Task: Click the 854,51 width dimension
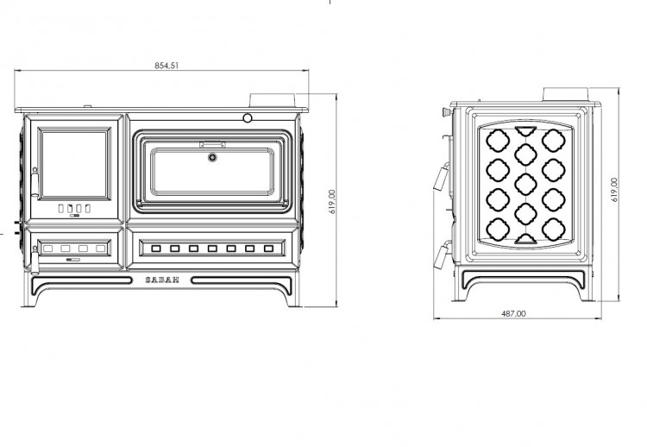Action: tap(166, 66)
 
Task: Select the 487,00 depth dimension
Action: tap(513, 314)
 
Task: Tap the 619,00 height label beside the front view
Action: tap(332, 201)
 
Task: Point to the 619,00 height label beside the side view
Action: tap(614, 190)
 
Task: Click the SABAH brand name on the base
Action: tap(162, 280)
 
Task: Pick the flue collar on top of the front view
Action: tap(273, 100)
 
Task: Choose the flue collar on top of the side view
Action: tap(565, 94)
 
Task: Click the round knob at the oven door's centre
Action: tap(212, 157)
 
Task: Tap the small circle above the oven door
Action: tap(248, 118)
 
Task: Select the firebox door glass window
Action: tap(74, 164)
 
